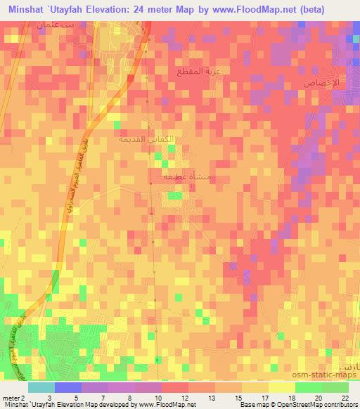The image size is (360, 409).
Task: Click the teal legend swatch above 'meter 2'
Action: pos(41,387)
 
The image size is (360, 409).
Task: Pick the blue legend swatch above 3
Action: pos(67,387)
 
